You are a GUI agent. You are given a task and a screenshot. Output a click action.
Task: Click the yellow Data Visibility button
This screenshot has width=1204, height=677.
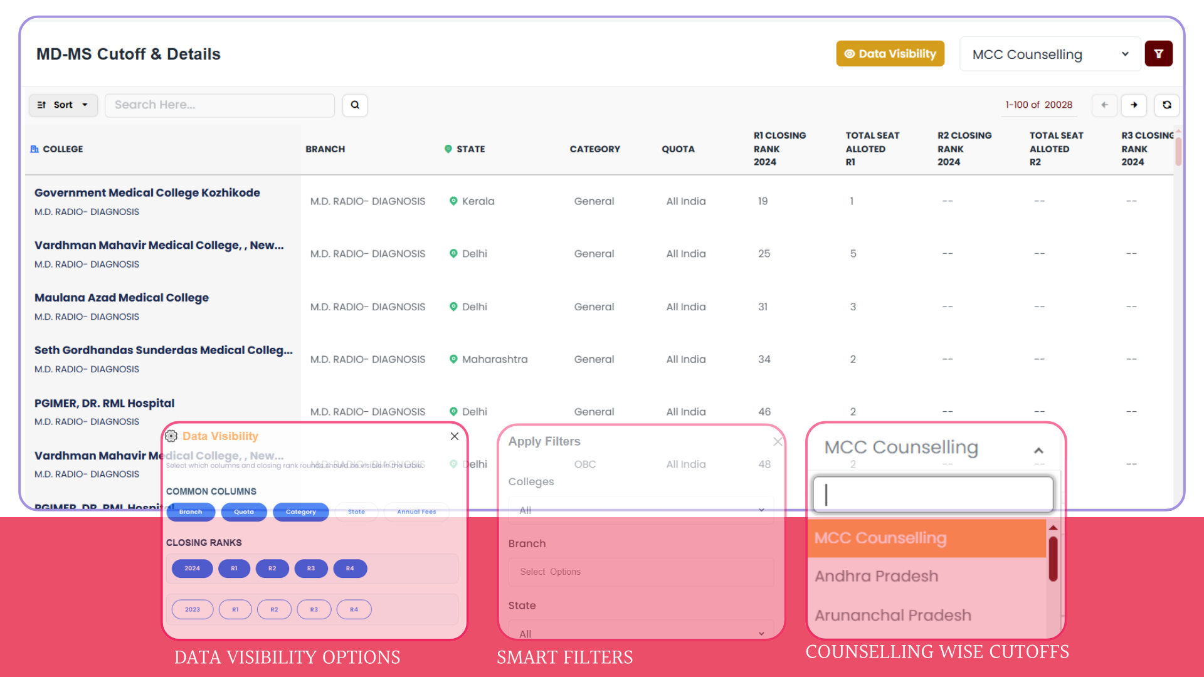tap(890, 54)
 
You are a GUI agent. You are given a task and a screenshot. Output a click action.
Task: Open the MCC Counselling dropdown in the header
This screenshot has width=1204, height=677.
tap(1050, 55)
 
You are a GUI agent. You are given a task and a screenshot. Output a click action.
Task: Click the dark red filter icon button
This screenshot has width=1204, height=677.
tap(1158, 54)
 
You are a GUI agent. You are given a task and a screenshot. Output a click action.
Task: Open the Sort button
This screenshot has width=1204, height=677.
tap(63, 105)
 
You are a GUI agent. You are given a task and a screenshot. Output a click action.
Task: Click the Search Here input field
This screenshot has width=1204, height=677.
tap(219, 105)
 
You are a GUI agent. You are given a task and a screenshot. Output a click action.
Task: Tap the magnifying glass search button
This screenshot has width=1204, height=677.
tap(355, 105)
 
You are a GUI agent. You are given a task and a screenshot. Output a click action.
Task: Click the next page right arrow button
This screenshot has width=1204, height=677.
tap(1134, 105)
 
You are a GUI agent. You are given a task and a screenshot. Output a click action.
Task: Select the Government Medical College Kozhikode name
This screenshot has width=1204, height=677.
tap(147, 193)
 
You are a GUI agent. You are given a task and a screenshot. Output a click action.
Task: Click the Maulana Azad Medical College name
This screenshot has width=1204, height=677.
tap(122, 298)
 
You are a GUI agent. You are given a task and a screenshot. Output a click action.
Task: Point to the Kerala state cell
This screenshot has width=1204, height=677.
tap(478, 201)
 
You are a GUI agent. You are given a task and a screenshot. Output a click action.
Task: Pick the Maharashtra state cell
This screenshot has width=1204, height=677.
tap(494, 359)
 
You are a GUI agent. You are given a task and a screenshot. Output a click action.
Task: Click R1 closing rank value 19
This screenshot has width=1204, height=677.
tap(763, 201)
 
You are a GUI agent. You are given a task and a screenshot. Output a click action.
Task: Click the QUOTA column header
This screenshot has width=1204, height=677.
tap(678, 149)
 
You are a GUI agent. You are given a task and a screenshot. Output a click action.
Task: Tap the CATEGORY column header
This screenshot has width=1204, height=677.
tap(594, 149)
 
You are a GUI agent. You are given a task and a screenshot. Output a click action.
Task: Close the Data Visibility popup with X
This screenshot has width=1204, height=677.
tap(455, 436)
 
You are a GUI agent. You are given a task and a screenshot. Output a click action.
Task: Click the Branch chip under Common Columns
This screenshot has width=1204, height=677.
tap(191, 512)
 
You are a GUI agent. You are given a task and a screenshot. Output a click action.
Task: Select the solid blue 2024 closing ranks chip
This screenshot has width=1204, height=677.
tap(192, 569)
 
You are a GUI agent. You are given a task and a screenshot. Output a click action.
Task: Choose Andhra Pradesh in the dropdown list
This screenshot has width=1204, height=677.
tap(876, 576)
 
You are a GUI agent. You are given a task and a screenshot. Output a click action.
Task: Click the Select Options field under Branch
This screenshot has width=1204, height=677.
tap(640, 572)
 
